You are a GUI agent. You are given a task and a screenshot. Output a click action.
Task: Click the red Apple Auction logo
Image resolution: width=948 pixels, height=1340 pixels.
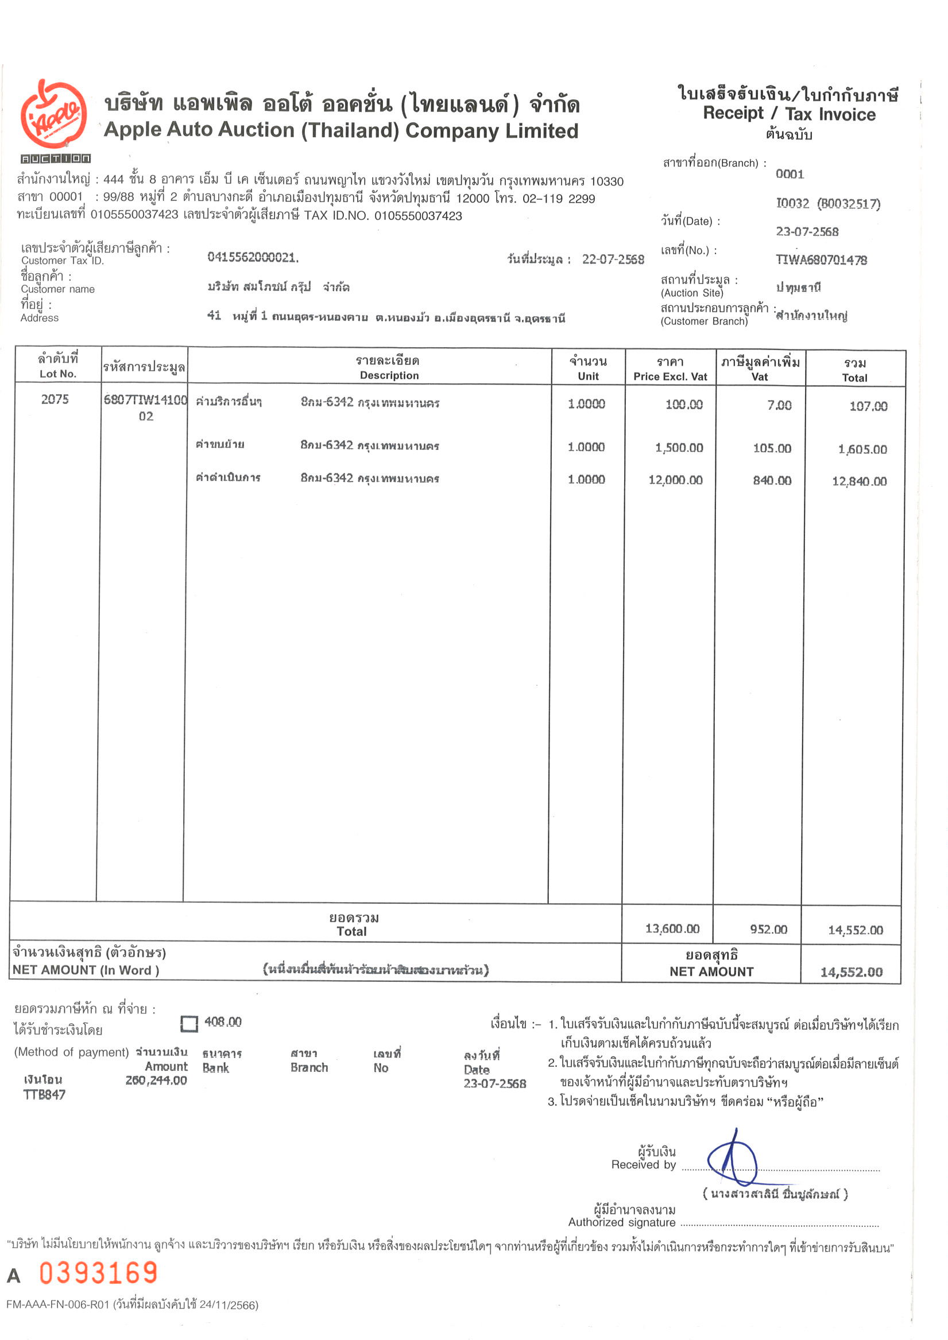pos(54,115)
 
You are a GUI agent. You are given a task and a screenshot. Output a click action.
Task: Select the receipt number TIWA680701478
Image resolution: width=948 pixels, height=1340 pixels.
pos(821,260)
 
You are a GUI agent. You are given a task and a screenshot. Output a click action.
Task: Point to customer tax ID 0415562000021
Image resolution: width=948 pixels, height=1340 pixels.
pos(253,257)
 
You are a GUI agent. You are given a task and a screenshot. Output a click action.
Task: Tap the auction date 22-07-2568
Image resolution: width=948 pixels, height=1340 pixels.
pos(613,259)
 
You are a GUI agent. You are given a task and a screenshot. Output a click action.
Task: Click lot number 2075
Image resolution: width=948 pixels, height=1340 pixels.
pos(55,399)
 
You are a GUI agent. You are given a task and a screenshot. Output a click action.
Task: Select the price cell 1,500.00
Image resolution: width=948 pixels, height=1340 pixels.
pos(679,448)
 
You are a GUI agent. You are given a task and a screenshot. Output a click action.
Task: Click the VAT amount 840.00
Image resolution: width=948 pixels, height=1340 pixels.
pos(772,480)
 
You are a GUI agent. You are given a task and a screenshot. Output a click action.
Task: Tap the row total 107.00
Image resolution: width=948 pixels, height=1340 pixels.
pos(868,406)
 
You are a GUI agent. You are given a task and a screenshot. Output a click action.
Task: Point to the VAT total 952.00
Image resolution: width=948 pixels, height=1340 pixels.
pos(768,929)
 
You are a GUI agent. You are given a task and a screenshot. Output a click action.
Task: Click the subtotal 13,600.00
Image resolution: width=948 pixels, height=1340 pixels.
pos(672,929)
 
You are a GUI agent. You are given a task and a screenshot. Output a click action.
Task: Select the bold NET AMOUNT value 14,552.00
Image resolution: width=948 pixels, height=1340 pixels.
pos(851,972)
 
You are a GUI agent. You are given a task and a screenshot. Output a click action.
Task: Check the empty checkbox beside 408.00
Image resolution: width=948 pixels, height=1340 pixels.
pos(189,1024)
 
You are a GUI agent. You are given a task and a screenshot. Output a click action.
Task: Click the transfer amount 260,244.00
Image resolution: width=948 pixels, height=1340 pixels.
pos(156,1080)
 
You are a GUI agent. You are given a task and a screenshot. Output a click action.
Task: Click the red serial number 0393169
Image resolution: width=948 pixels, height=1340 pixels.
pos(99,1273)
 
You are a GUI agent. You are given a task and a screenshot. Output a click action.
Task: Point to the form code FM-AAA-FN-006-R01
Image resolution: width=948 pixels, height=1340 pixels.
pos(57,1305)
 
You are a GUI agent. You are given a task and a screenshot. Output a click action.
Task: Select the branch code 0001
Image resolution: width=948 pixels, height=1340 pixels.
pos(789,174)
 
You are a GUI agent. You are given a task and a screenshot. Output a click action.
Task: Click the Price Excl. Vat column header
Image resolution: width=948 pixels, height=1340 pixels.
pos(670,376)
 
